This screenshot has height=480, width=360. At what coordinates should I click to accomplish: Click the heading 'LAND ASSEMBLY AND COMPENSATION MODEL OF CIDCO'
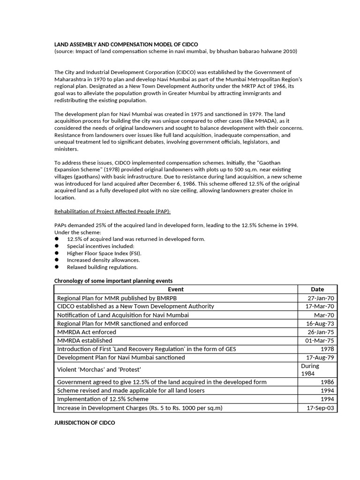point(126,44)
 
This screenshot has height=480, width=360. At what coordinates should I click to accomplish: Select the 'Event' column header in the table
point(176,289)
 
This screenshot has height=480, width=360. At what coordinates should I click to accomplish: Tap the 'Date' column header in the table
point(317,289)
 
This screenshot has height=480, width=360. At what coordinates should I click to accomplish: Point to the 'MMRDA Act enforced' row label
point(86,332)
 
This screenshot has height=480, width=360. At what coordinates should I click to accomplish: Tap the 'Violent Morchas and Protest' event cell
point(98,369)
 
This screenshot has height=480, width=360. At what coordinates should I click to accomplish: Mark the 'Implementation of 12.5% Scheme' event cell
point(103,399)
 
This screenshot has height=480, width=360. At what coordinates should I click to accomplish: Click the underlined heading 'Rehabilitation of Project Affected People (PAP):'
point(112,211)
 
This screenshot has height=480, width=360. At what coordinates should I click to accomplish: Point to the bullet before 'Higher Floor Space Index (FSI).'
point(57,253)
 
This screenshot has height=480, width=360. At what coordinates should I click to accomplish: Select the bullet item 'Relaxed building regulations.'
point(102,267)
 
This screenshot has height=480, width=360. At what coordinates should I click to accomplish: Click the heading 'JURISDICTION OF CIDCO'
point(84,423)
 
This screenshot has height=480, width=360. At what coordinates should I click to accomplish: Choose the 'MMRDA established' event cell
point(84,340)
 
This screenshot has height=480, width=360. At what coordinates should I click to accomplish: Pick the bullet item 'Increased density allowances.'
point(103,260)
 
